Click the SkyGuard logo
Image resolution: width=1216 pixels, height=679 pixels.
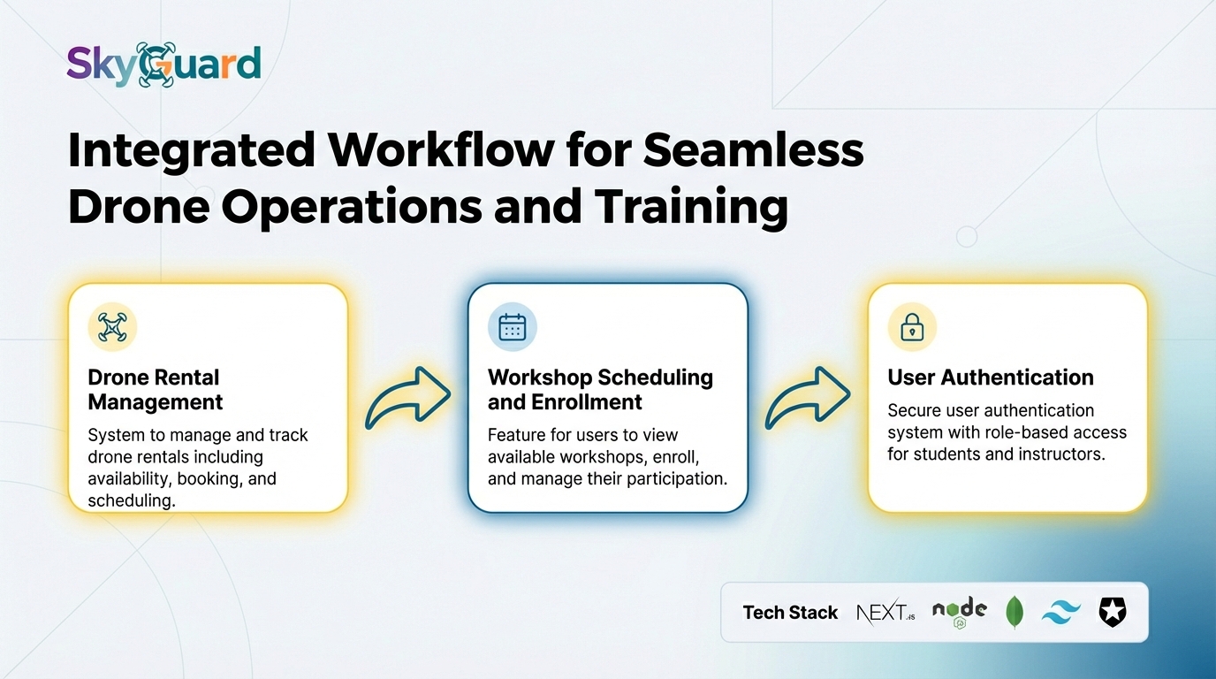click(164, 65)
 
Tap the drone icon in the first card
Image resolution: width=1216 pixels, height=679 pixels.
click(112, 327)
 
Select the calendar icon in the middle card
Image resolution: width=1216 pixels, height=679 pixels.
click(513, 327)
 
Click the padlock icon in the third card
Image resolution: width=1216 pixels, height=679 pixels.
click(912, 327)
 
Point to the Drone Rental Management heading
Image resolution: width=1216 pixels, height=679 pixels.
click(156, 390)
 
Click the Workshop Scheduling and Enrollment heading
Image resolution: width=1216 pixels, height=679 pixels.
click(600, 390)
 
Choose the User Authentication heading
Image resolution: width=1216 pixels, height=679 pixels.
click(991, 378)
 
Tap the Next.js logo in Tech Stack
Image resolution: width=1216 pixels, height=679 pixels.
click(885, 612)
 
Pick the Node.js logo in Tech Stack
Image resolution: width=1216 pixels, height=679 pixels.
click(959, 611)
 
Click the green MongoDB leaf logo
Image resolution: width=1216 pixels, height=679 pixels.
click(1015, 612)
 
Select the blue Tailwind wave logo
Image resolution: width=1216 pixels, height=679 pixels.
click(1060, 613)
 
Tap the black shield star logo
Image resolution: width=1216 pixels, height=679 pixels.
click(1112, 612)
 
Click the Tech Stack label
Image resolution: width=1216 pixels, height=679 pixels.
click(790, 613)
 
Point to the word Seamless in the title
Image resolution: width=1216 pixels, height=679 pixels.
click(753, 151)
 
